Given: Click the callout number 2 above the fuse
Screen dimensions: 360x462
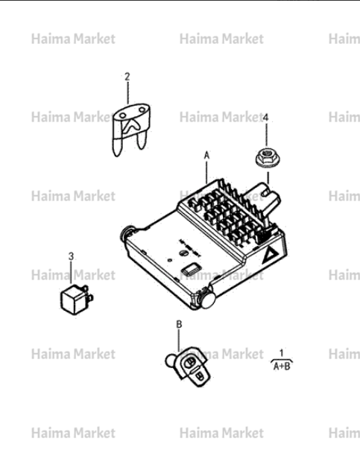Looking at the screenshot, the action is (x=127, y=77).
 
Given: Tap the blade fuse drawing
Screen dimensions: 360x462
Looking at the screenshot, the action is (x=131, y=129).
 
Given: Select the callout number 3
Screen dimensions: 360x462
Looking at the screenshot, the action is (x=71, y=256).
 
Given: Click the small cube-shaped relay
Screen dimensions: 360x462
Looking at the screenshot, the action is (x=77, y=300).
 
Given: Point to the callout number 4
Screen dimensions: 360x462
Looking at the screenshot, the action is (x=266, y=118).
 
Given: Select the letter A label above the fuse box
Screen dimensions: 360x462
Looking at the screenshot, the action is (x=206, y=155).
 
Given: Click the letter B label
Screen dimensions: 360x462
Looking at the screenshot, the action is (x=179, y=324).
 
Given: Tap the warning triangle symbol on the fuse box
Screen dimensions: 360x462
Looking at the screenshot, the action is (x=270, y=255).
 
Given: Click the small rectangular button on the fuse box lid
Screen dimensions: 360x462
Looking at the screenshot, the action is (x=191, y=268).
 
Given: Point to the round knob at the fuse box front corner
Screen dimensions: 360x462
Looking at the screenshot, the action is (x=209, y=300).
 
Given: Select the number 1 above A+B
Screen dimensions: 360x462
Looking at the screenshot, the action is (x=282, y=352).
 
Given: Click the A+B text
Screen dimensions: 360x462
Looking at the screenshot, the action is (x=282, y=366).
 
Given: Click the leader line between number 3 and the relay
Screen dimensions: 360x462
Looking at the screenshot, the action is (x=71, y=273).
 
